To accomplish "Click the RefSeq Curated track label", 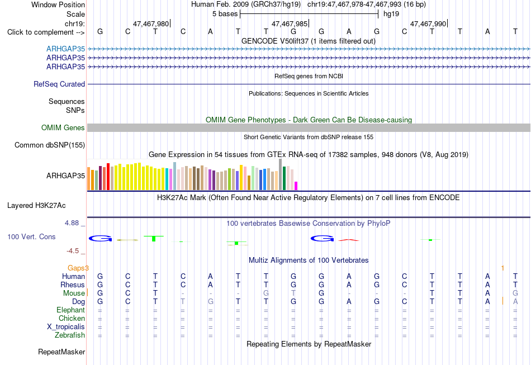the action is click(x=59, y=84).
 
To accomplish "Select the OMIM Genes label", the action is click(x=63, y=127).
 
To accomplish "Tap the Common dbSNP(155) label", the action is click(x=50, y=145).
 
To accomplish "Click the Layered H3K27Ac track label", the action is click(x=36, y=206).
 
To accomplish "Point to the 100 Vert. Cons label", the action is click(x=31, y=236).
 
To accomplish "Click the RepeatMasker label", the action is click(x=61, y=352).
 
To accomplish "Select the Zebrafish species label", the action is click(x=70, y=335).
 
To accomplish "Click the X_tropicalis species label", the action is click(x=66, y=326).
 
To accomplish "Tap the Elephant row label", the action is click(x=71, y=310).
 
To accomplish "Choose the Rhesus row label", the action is click(x=73, y=285).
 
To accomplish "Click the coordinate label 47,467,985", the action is click(x=290, y=23).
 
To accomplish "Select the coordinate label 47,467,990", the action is click(x=428, y=23).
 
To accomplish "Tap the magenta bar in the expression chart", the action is click(x=296, y=186).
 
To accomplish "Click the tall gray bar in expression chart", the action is click(x=281, y=174).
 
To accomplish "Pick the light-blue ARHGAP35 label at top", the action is click(x=66, y=49).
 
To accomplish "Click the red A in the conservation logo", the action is click(x=349, y=240).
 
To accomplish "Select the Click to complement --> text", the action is click(x=46, y=32).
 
